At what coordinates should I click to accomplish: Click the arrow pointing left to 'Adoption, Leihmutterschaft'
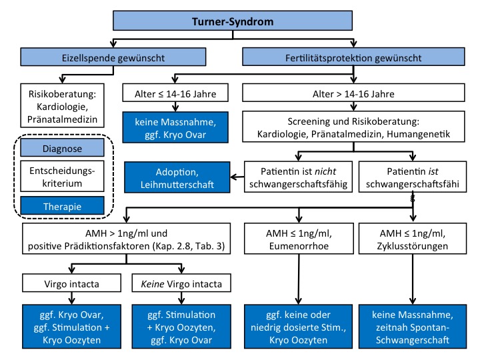point(237,177)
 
